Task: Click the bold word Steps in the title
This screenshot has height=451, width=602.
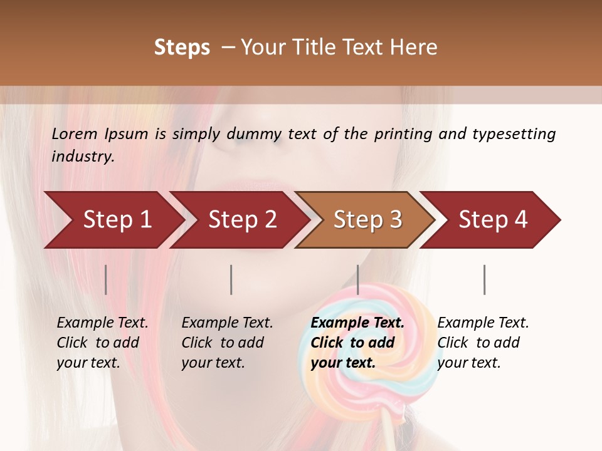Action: (182, 48)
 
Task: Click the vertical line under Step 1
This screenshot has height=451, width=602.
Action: (106, 279)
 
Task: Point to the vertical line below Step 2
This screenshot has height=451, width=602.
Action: (231, 279)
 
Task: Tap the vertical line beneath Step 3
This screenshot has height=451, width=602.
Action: (358, 279)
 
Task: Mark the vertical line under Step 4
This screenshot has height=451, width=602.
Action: (484, 279)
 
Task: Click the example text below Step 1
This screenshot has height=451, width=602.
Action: (102, 343)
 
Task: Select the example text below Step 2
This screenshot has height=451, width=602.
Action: (227, 343)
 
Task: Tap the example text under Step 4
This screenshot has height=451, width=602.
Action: (483, 343)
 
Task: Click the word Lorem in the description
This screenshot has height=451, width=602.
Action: (75, 133)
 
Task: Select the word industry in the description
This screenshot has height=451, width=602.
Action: (83, 157)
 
